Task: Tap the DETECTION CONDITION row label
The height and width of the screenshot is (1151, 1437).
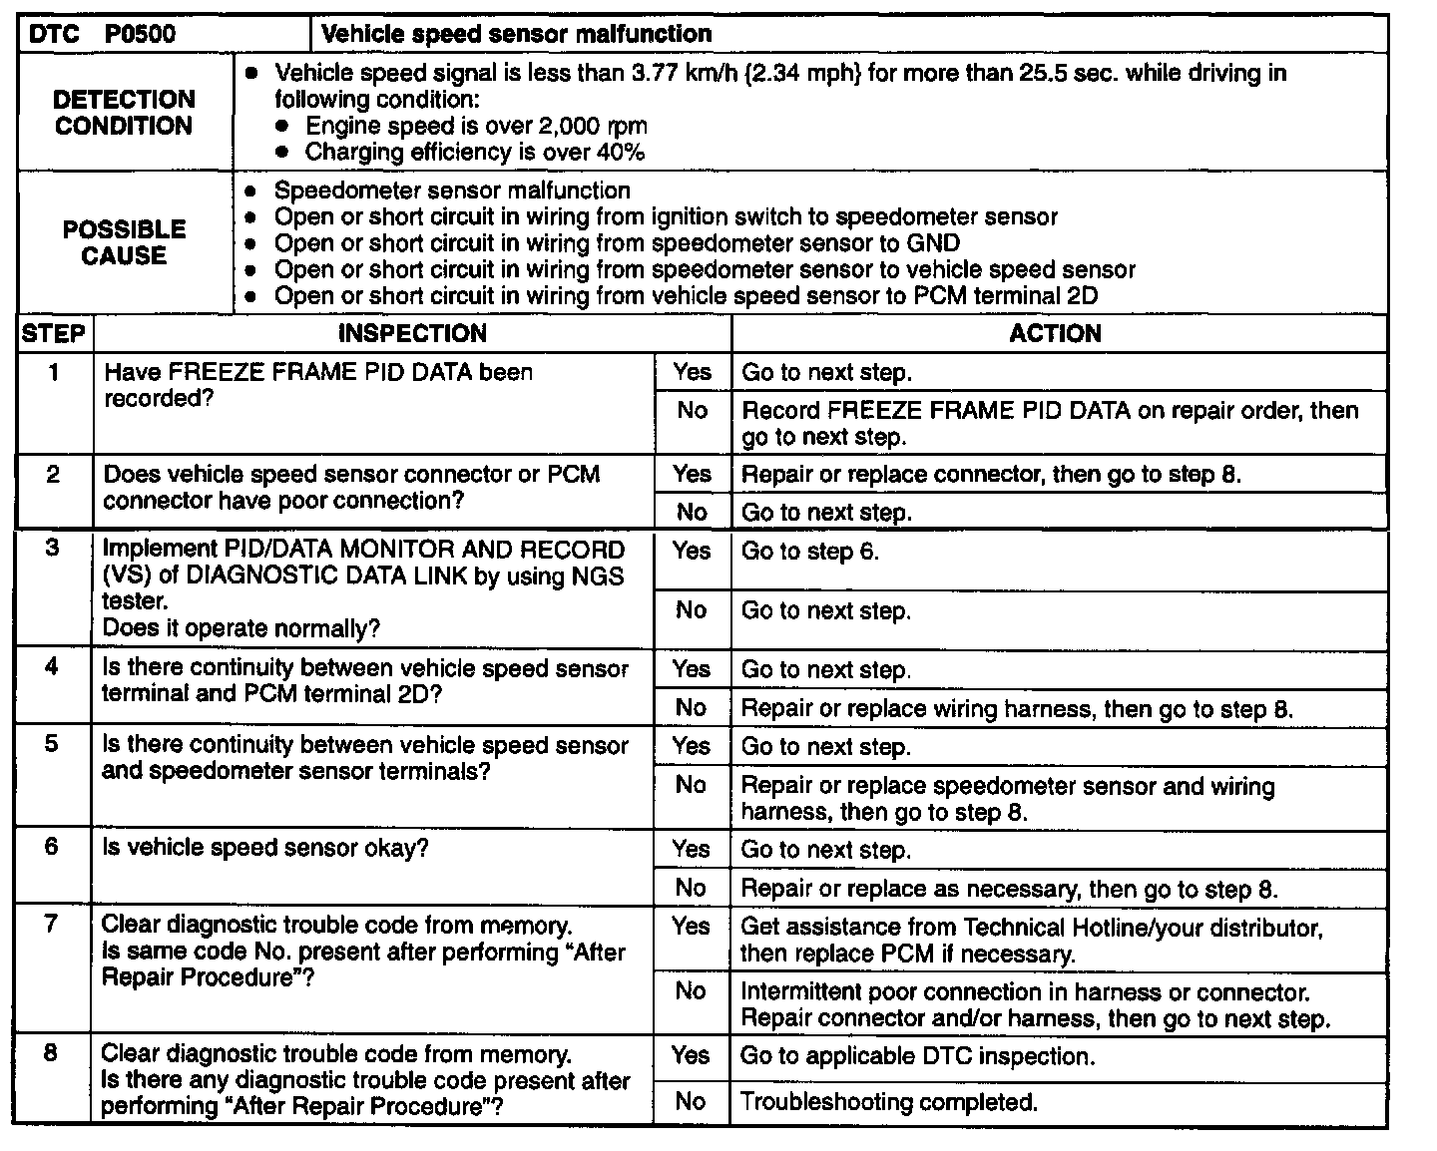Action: [x=124, y=113]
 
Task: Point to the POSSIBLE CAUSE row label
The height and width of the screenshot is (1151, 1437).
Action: [x=124, y=242]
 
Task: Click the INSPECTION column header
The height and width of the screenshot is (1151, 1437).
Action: [x=412, y=333]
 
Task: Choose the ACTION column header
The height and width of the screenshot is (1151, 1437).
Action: [x=1055, y=333]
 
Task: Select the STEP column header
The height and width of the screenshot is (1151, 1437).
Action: [x=54, y=333]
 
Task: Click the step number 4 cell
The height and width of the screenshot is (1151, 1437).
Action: [x=53, y=667]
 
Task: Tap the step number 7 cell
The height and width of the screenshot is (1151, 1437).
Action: [x=52, y=925]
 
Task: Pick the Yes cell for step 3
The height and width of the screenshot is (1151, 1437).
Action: [x=692, y=551]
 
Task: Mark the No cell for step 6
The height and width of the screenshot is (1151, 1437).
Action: [x=692, y=888]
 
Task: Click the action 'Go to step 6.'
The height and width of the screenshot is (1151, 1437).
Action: [x=810, y=552]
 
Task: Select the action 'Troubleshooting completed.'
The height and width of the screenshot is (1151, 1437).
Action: [x=888, y=1102]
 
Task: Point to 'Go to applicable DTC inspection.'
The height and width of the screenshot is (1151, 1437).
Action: [x=917, y=1056]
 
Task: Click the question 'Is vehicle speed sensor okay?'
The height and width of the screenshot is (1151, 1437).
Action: [x=265, y=848]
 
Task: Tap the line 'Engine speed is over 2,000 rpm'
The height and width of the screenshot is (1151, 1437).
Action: [x=476, y=126]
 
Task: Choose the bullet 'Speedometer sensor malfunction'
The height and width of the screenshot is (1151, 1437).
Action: [x=452, y=191]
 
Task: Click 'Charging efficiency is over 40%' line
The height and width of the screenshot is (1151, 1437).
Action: [x=474, y=152]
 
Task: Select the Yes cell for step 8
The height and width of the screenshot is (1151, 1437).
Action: [x=691, y=1056]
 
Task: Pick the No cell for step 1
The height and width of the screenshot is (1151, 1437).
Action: [x=692, y=410]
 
